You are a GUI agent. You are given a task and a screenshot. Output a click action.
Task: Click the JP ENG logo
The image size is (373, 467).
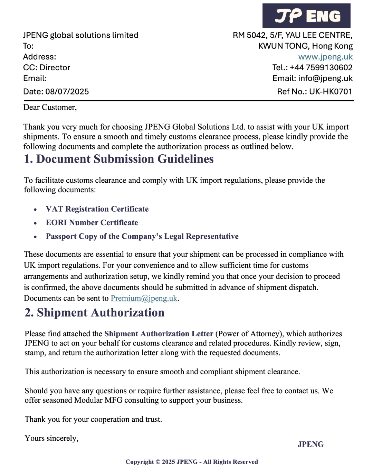(x=306, y=16)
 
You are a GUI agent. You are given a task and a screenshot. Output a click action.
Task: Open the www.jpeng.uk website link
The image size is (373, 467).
(x=325, y=57)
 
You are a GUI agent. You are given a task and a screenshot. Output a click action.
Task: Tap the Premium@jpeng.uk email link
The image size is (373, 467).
(x=144, y=298)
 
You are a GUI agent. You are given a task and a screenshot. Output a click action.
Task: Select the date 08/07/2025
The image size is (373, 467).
(x=67, y=92)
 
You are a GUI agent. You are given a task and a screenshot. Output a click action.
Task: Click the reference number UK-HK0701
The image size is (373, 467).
(x=331, y=92)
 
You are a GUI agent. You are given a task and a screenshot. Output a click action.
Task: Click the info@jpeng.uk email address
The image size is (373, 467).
(x=325, y=79)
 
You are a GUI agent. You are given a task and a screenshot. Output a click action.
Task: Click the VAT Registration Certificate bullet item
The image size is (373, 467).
(x=97, y=209)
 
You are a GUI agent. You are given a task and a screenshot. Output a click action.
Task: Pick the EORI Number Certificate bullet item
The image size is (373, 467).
(x=92, y=223)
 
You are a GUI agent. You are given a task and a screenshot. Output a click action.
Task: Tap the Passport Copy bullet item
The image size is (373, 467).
(x=142, y=236)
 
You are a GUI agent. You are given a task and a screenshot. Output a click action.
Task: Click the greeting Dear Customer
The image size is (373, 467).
(x=50, y=108)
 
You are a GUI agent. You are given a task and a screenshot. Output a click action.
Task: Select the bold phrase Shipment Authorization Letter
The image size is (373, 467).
(x=159, y=334)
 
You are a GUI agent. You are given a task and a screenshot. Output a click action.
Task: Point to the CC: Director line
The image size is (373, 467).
(x=47, y=68)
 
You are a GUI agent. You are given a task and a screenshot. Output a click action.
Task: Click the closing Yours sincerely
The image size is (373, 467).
(x=51, y=438)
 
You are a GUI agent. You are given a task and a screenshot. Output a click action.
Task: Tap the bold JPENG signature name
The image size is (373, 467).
(x=310, y=445)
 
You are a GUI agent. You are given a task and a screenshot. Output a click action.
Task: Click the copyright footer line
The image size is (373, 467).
(x=192, y=462)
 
